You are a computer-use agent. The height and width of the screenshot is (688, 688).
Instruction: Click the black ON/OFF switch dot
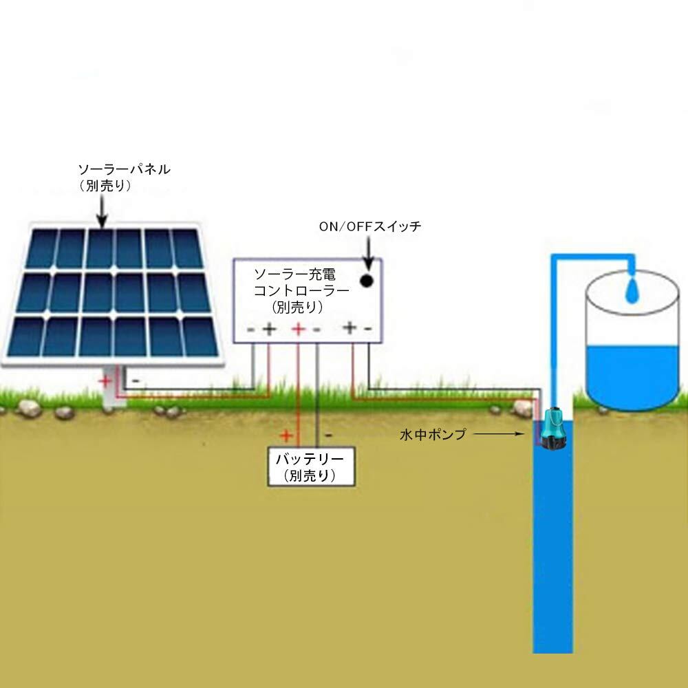(367, 281)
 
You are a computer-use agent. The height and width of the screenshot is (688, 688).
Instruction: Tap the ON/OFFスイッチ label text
(370, 226)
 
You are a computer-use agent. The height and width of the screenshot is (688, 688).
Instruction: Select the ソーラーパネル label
(124, 169)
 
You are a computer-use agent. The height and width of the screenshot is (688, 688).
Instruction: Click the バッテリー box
(311, 466)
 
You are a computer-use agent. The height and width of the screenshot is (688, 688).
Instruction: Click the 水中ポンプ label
(433, 434)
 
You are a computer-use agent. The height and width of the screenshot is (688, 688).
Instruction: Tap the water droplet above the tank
(632, 290)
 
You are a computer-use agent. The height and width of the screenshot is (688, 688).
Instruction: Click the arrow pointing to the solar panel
(102, 211)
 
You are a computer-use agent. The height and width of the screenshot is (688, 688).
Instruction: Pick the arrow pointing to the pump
(499, 434)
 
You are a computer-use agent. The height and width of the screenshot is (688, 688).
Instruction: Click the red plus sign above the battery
(286, 436)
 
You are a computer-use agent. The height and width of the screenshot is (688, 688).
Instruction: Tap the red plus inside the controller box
(299, 329)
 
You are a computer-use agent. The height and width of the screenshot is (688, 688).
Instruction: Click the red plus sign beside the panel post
(105, 381)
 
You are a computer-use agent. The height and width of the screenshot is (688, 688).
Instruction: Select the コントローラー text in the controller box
(302, 290)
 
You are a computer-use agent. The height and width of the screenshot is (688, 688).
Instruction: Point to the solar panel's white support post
(114, 387)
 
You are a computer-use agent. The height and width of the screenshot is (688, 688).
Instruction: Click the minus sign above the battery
(328, 436)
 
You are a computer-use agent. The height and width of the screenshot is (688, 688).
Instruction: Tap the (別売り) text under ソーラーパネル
(105, 186)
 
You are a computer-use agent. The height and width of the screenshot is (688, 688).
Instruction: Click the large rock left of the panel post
(29, 409)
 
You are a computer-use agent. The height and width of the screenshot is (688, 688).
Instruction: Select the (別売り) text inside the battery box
(310, 475)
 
